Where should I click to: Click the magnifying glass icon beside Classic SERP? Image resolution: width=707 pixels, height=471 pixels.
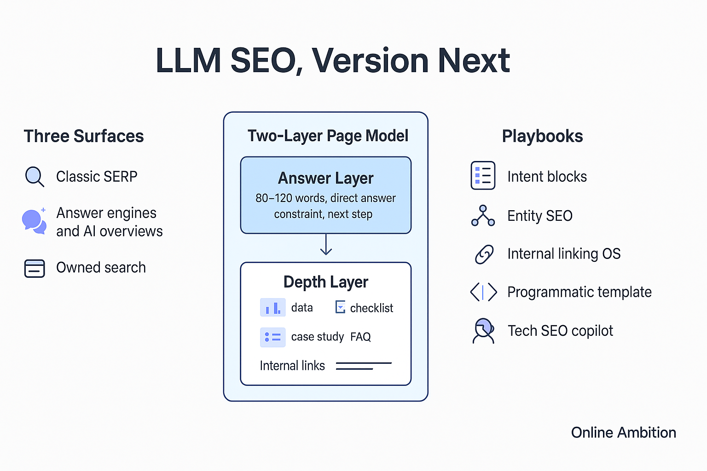(x=34, y=176)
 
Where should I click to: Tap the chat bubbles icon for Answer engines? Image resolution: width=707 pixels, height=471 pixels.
(x=34, y=221)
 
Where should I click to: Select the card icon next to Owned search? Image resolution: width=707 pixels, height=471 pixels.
(x=35, y=268)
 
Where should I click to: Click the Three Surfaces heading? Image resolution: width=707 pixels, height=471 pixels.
(x=84, y=137)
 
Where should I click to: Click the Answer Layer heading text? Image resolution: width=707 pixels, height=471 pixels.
(x=326, y=178)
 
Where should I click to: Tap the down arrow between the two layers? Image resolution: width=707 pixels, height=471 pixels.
(x=326, y=245)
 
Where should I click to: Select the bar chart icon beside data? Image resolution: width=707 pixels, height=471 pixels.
(x=273, y=307)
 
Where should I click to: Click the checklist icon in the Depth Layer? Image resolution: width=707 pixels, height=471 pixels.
(x=340, y=307)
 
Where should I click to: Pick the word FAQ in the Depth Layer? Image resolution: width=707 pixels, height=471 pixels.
(x=360, y=337)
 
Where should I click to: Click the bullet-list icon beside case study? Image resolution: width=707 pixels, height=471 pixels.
(x=273, y=337)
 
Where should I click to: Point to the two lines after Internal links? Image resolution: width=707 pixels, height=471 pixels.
(x=363, y=366)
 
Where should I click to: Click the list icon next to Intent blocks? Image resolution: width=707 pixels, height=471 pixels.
(x=483, y=176)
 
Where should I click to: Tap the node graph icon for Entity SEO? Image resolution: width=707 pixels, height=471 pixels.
(x=483, y=216)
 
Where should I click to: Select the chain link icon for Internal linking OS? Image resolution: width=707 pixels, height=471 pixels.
(x=484, y=254)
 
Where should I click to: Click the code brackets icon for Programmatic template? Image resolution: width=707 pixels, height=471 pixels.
(x=483, y=292)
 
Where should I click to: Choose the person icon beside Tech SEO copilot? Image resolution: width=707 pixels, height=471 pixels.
(x=483, y=331)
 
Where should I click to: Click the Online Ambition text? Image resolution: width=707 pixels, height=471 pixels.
(x=623, y=433)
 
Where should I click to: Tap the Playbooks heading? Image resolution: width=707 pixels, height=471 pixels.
(x=542, y=137)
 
